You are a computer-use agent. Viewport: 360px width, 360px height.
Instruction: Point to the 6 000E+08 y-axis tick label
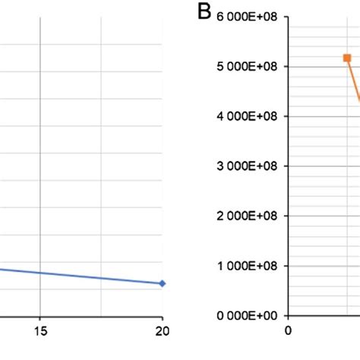246,17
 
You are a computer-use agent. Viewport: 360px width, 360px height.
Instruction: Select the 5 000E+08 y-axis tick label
246,66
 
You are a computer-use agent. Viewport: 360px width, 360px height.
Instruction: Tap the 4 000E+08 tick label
246,116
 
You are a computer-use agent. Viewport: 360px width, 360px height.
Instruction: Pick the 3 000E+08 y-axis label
246,166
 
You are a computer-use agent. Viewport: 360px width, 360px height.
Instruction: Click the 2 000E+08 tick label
246,216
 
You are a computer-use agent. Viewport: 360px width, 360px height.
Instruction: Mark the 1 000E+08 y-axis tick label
246,266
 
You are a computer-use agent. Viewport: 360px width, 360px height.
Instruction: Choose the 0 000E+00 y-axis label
246,315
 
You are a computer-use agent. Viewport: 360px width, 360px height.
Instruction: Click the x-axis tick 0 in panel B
287,330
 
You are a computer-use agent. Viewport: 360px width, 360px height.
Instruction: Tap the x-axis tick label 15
40,330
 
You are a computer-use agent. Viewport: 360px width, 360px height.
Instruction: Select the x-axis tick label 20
162,330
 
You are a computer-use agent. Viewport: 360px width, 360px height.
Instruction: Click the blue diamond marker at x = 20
162,283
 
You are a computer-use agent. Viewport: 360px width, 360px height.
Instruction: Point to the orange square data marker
347,58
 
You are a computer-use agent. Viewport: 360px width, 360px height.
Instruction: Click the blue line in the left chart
84,275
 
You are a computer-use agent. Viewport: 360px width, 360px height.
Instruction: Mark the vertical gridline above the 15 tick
40,152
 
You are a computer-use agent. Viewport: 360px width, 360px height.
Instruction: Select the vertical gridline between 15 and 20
101,152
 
